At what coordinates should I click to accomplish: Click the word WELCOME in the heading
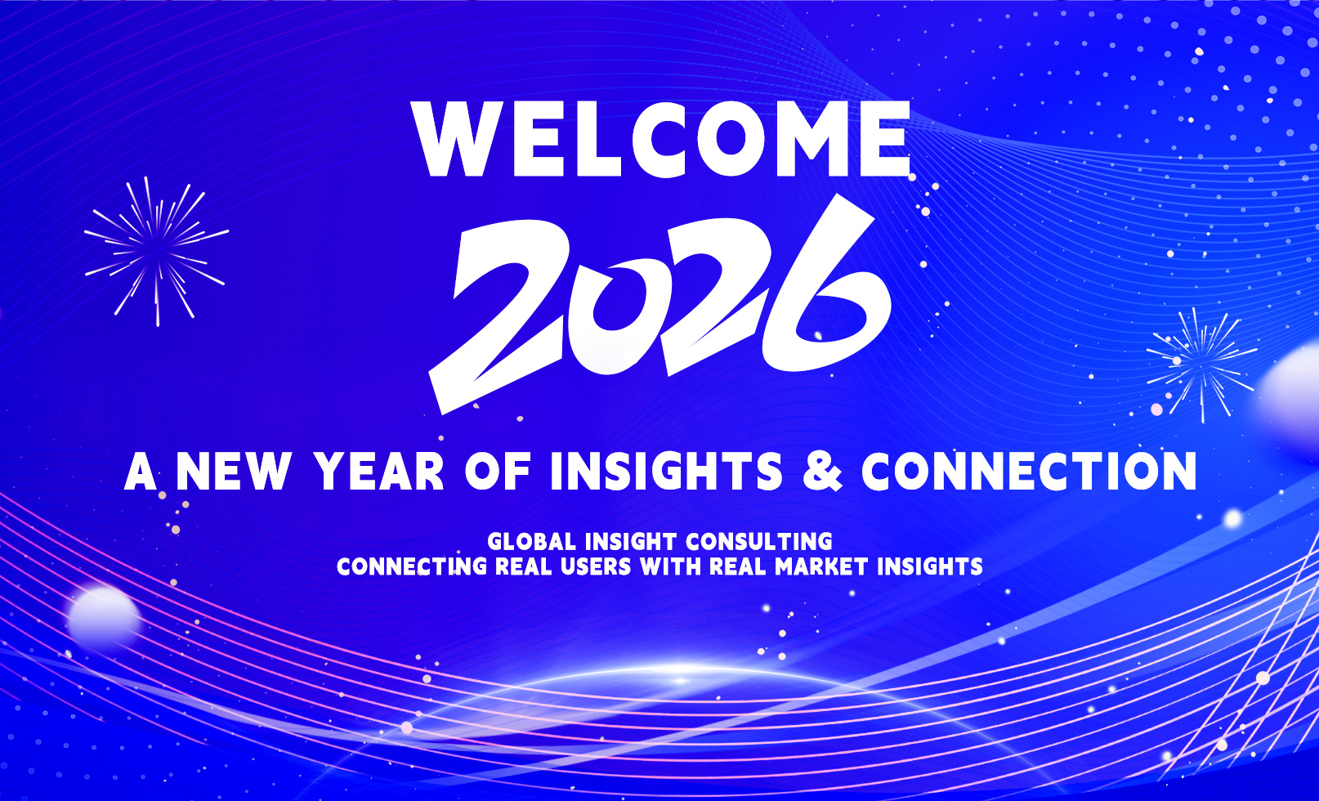pyautogui.click(x=662, y=139)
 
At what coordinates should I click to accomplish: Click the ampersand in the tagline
pyautogui.click(x=822, y=472)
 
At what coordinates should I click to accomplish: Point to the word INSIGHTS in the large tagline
pyautogui.click(x=666, y=472)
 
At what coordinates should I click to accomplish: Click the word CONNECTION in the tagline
pyautogui.click(x=1029, y=472)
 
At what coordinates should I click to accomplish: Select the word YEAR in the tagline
pyautogui.click(x=380, y=472)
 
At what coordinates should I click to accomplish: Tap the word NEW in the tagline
pyautogui.click(x=234, y=472)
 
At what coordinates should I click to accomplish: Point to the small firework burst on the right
pyautogui.click(x=1201, y=363)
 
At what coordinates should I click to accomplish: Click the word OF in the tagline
pyautogui.click(x=498, y=472)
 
